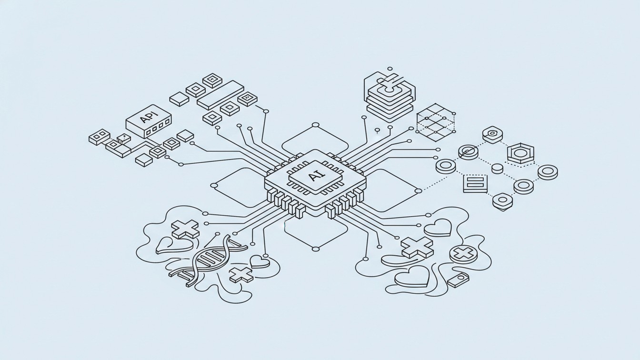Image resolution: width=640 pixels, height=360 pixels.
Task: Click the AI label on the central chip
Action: (x=315, y=177)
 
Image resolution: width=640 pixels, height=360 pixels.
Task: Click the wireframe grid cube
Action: (x=435, y=122)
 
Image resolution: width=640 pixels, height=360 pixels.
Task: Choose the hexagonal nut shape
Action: (x=520, y=154)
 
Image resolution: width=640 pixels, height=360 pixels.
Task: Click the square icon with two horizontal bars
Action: (x=475, y=183)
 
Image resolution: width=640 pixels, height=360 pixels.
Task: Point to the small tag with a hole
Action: (x=458, y=280)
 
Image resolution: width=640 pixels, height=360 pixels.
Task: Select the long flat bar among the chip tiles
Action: (x=220, y=94)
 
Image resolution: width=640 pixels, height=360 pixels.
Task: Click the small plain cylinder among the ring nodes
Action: (x=497, y=168)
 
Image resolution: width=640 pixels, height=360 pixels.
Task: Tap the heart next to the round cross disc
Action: (x=437, y=228)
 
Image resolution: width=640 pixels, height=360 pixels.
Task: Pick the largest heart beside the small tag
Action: (x=411, y=276)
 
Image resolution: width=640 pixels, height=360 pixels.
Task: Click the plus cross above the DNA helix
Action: (x=185, y=229)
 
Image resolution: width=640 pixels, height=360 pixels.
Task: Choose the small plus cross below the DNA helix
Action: (x=240, y=275)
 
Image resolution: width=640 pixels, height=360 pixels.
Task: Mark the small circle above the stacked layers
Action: (x=390, y=69)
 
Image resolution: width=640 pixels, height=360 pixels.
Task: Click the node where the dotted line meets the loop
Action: (x=418, y=191)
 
